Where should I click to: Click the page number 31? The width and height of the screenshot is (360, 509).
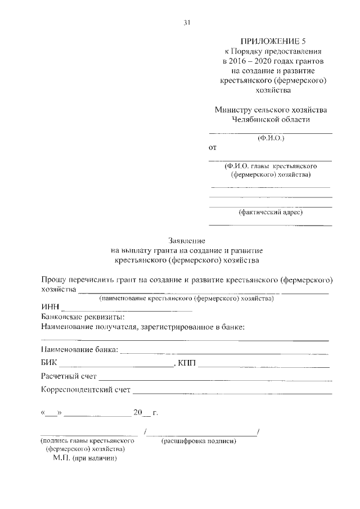(187, 22)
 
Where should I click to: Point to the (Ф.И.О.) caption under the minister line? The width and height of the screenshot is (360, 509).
(271, 138)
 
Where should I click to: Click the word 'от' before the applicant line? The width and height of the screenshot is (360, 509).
(212, 148)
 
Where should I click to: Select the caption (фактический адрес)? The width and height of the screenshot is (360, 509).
(271, 213)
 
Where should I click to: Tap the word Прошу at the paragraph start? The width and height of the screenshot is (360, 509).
(55, 279)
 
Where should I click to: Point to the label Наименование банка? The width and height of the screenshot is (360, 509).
(80, 350)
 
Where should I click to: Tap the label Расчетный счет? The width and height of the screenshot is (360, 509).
(69, 376)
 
